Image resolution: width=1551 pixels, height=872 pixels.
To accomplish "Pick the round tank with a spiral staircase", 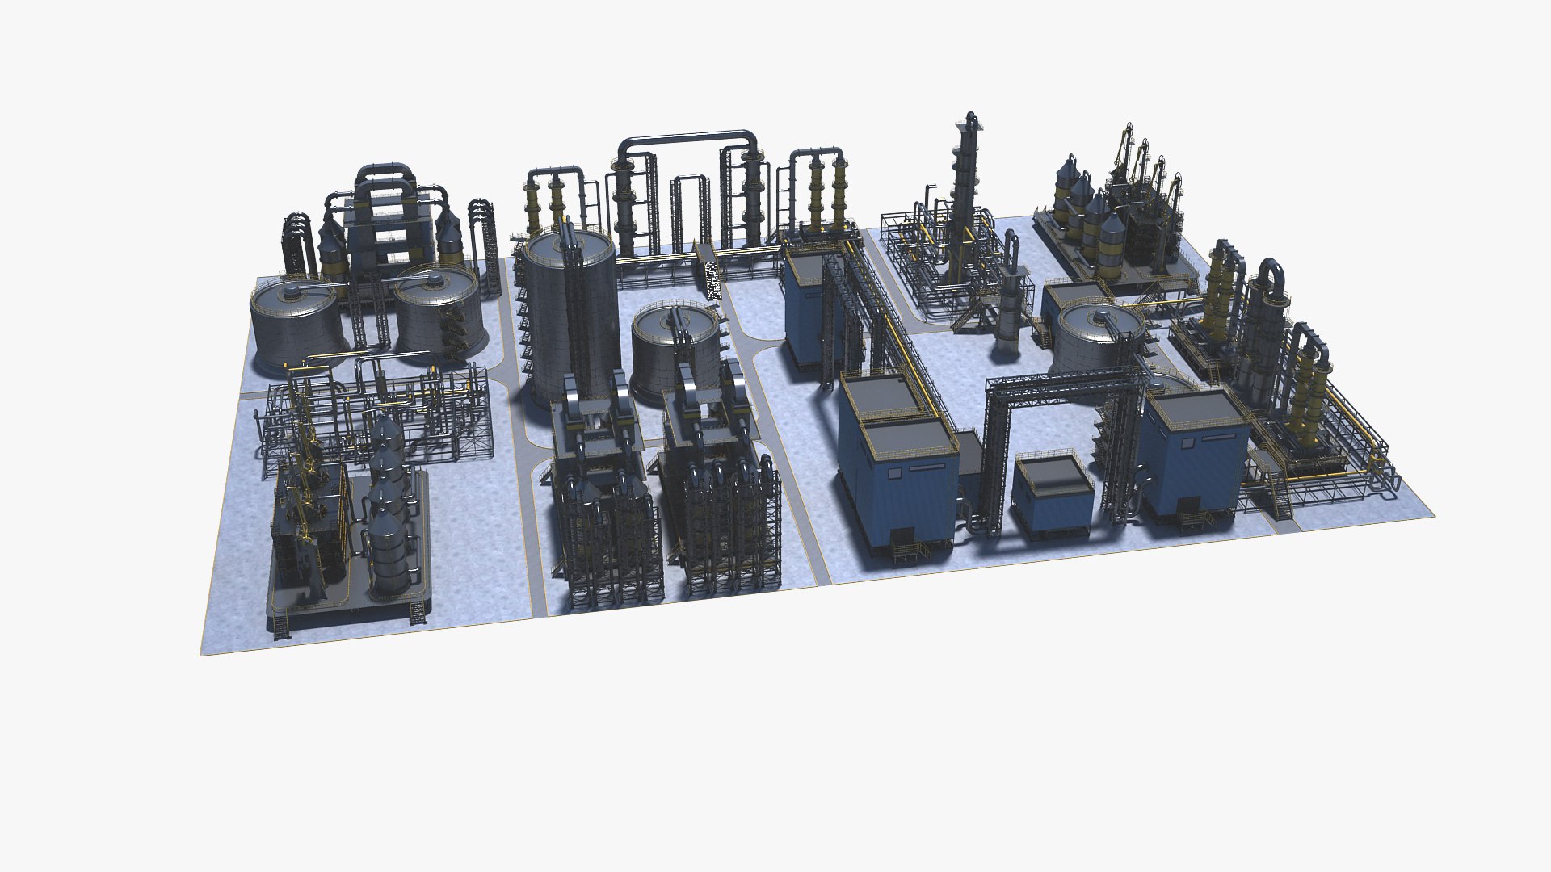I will coord(436,311).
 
